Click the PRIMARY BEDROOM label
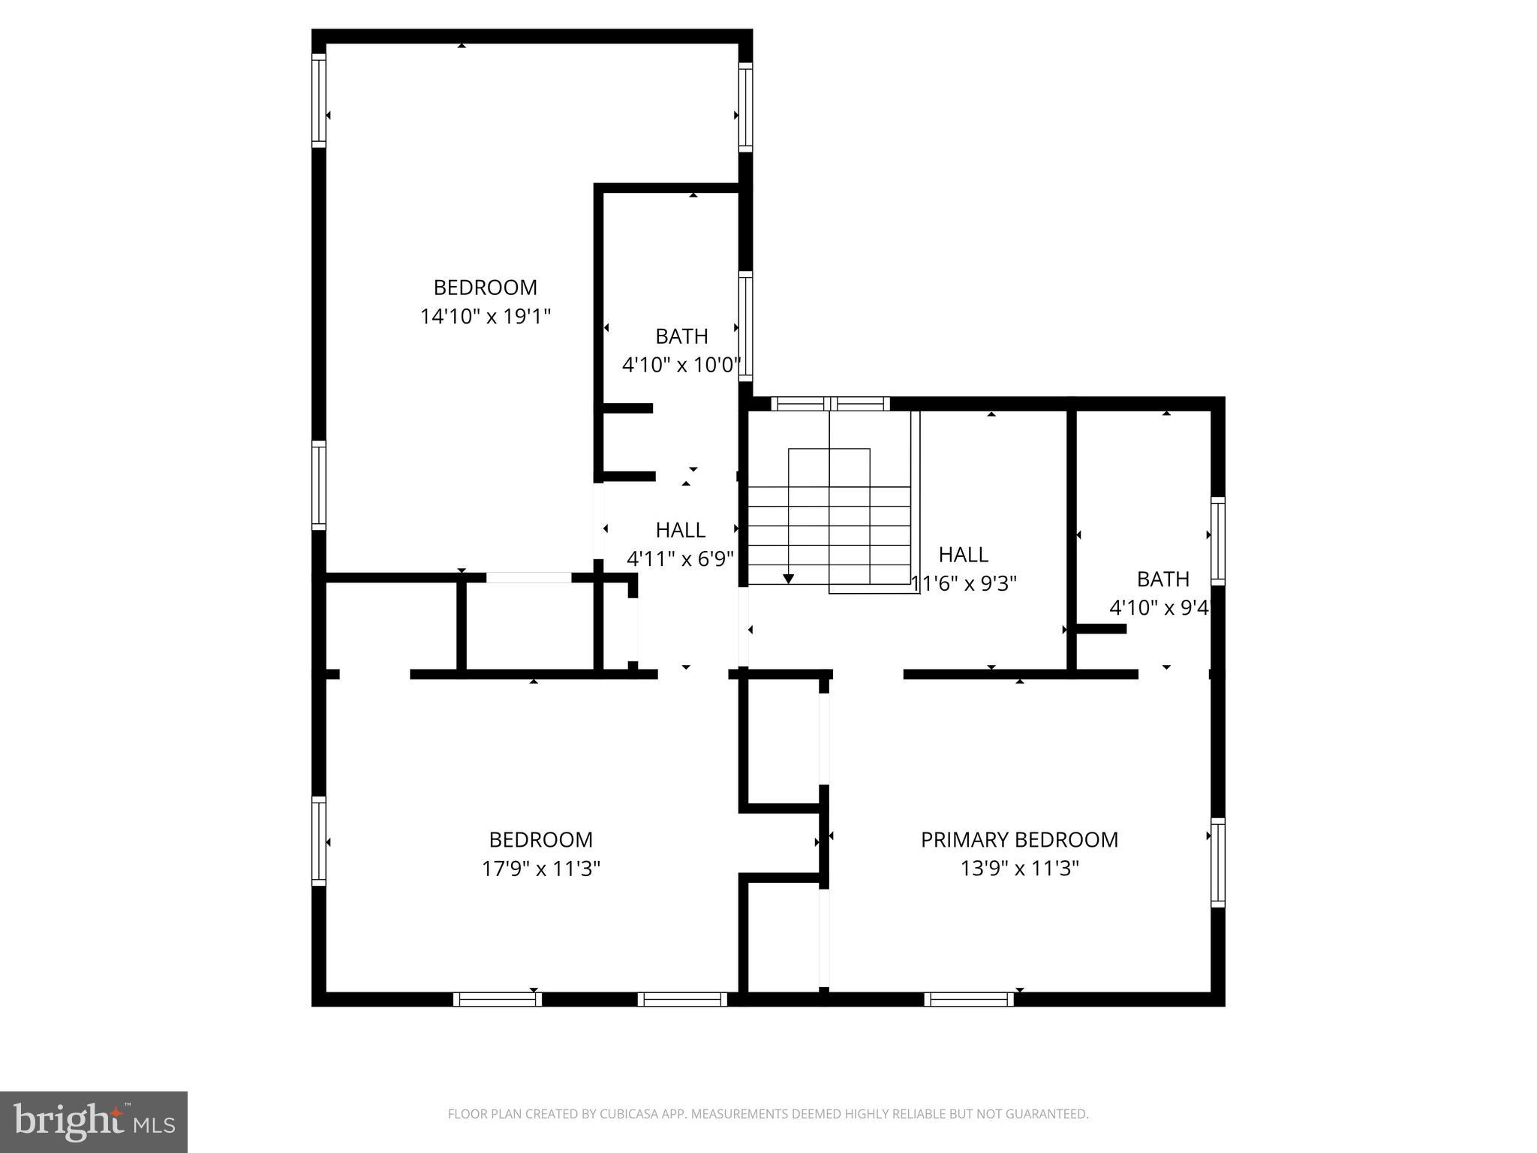[1019, 839]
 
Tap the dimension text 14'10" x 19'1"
[486, 317]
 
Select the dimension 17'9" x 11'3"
[540, 869]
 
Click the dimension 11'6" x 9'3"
[964, 583]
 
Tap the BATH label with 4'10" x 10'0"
[681, 336]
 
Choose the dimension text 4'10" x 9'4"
[1160, 607]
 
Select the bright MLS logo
[93, 1121]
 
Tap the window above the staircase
[830, 404]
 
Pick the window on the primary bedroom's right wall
[1217, 862]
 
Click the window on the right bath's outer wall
[1217, 540]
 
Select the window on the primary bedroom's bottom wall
[968, 999]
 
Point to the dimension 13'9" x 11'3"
[1019, 869]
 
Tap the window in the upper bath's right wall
[745, 327]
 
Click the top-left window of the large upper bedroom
[319, 101]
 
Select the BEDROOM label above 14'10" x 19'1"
[486, 287]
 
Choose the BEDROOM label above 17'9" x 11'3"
[540, 839]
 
